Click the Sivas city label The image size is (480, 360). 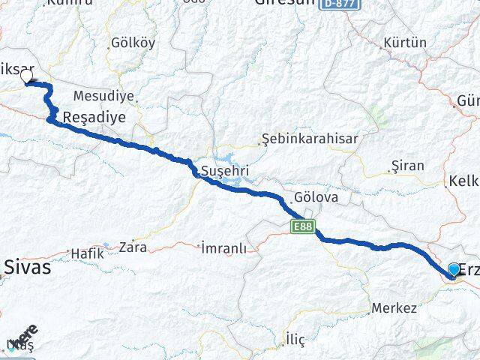(x=27, y=266)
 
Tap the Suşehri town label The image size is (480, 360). (x=224, y=172)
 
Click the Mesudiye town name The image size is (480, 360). (x=103, y=96)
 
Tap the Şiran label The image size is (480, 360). (x=408, y=166)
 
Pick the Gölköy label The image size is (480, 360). (x=133, y=43)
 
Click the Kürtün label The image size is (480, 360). (x=404, y=43)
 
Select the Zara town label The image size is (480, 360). (x=132, y=246)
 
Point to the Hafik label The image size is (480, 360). (x=87, y=253)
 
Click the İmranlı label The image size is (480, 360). (x=224, y=248)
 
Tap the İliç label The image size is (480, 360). (x=295, y=340)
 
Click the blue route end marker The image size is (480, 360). (x=454, y=270)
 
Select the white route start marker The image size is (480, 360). (x=28, y=76)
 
